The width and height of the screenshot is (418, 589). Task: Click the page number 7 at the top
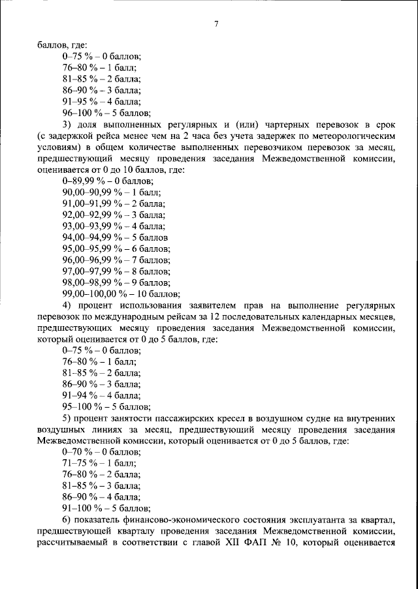216,25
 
